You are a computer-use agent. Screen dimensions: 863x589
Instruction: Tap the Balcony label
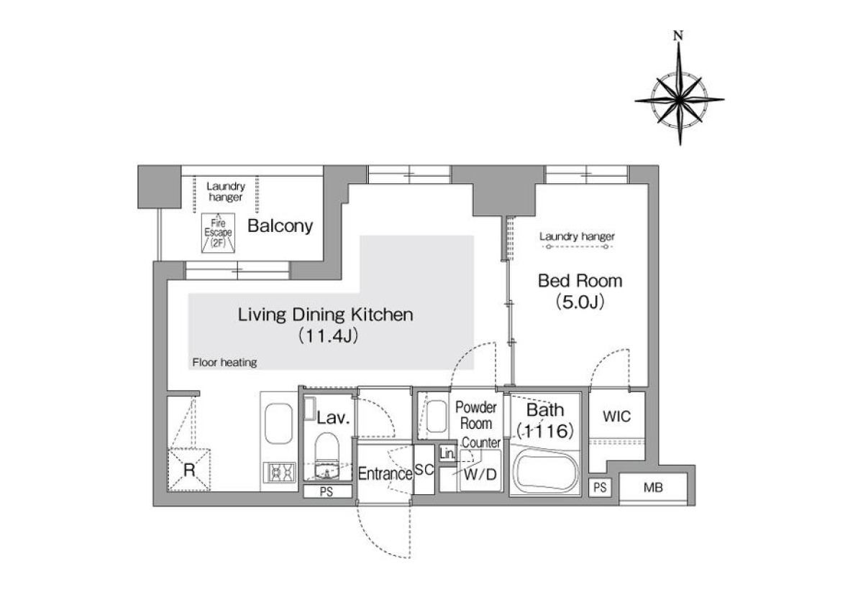[280, 226]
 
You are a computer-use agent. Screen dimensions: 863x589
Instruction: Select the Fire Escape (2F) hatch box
[218, 233]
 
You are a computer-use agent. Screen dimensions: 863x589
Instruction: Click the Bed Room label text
[580, 281]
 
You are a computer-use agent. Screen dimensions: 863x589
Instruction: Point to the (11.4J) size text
[329, 336]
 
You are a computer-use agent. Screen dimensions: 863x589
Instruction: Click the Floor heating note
[224, 363]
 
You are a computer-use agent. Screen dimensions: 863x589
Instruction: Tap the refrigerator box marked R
[188, 470]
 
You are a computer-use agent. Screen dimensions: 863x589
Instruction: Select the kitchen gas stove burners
[279, 473]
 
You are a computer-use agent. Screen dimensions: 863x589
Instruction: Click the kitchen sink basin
[278, 423]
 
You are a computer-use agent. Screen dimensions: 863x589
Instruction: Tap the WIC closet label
[617, 417]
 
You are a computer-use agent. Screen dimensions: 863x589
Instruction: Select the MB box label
[653, 488]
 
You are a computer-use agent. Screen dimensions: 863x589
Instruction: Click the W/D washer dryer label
[480, 475]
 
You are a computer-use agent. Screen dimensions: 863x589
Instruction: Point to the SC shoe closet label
[424, 469]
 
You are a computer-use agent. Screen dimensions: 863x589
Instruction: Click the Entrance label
[385, 473]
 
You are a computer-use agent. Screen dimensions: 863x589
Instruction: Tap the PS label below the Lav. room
[327, 491]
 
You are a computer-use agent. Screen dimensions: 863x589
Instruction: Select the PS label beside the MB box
[600, 488]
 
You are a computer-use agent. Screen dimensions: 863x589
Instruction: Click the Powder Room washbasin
[437, 417]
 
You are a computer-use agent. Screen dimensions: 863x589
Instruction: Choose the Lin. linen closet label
[447, 454]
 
